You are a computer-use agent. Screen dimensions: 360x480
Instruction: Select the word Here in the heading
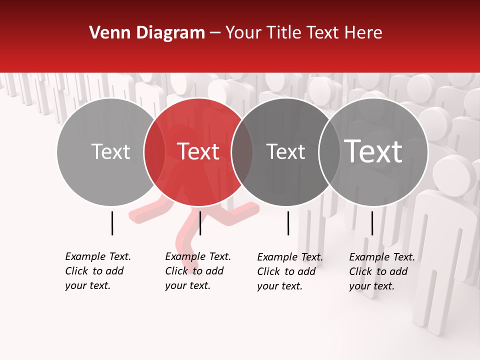point(364,33)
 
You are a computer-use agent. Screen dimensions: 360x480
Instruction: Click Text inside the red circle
point(198,151)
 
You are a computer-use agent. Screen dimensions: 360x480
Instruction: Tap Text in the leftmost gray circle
point(110,151)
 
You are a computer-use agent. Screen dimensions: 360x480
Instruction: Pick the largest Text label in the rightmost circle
point(373,151)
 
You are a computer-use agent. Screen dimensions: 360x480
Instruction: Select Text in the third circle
point(285,151)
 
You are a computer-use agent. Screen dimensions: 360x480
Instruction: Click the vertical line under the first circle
point(112,223)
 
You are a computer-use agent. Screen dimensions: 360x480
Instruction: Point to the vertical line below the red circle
point(200,223)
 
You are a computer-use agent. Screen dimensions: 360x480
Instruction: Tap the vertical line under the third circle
point(288,223)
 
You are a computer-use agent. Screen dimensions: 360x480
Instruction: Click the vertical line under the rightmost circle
point(372,223)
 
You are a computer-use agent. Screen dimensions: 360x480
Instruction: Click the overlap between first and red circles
point(154,151)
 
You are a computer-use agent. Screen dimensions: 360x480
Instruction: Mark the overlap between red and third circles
point(242,151)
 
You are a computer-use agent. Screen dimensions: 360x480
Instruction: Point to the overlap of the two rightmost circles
point(329,151)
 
